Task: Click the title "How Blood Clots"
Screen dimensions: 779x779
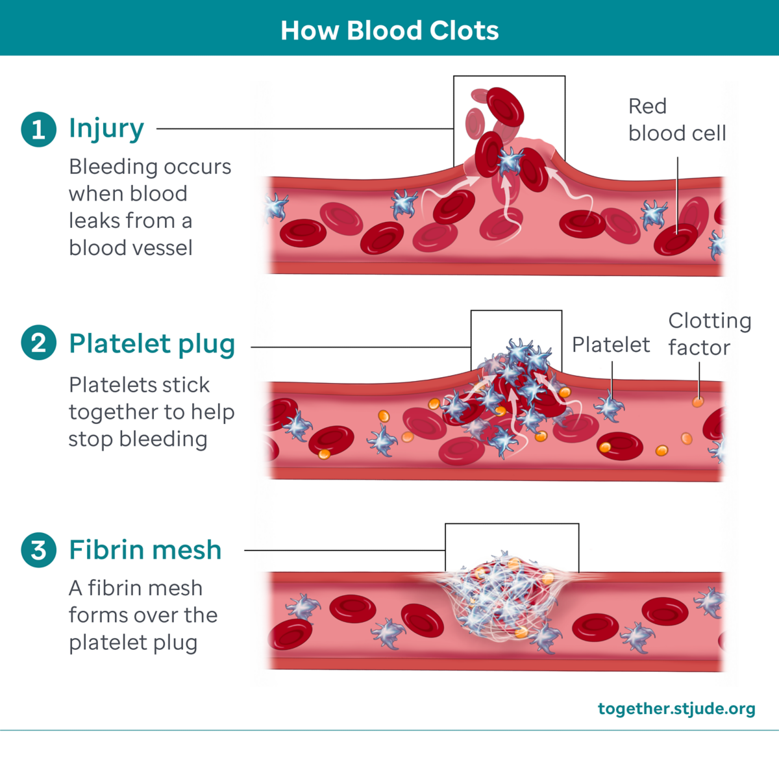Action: click(x=389, y=31)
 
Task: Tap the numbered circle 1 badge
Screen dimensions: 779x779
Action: click(x=38, y=129)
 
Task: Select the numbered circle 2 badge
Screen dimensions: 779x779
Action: click(x=38, y=343)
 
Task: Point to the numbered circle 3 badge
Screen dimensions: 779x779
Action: click(x=38, y=550)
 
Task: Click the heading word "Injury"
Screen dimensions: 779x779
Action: click(x=106, y=129)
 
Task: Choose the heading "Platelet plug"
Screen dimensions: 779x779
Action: click(x=152, y=344)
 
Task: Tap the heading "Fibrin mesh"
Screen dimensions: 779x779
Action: click(x=145, y=550)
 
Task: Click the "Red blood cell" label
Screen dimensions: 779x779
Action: click(x=676, y=119)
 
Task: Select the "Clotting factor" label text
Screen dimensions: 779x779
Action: click(x=709, y=334)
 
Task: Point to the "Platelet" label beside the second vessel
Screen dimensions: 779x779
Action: click(x=610, y=345)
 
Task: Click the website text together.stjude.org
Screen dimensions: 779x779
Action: click(x=676, y=708)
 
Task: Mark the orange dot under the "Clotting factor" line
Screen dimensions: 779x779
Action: click(x=698, y=402)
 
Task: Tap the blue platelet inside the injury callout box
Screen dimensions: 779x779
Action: click(x=510, y=160)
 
